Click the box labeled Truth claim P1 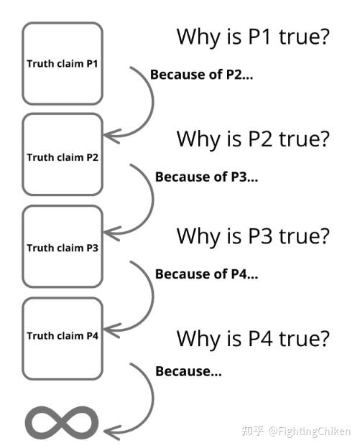[x=63, y=63]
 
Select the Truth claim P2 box [x=63, y=154]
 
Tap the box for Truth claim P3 [x=63, y=246]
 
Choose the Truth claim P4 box [x=63, y=339]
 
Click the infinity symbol [x=62, y=423]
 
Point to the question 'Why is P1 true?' [x=253, y=37]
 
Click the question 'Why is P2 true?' [x=253, y=139]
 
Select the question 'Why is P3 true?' [x=253, y=236]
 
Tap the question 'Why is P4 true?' [x=253, y=339]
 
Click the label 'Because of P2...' [x=202, y=75]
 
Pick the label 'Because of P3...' [x=206, y=177]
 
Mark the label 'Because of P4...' [x=206, y=274]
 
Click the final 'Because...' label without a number [x=188, y=371]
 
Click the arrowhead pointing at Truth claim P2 [x=111, y=136]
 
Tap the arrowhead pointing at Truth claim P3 [x=111, y=233]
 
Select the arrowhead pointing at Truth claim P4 [x=111, y=330]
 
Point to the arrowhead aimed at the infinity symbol [x=111, y=432]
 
